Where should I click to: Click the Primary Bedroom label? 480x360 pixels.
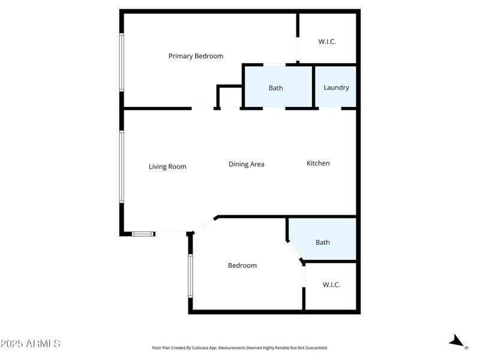tap(196, 56)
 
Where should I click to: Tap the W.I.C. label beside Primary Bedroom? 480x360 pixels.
tap(326, 41)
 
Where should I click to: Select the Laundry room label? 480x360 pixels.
tap(336, 87)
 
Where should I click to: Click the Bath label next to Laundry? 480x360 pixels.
tap(275, 88)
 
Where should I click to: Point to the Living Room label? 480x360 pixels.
tap(167, 166)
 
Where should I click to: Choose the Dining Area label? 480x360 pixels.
tap(246, 164)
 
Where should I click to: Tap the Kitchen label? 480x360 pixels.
tap(318, 163)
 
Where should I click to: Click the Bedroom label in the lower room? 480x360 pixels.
tap(242, 265)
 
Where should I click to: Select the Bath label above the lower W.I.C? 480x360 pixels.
tap(322, 242)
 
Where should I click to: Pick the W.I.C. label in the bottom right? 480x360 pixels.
tap(331, 284)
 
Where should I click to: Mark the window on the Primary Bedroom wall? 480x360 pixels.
tap(121, 62)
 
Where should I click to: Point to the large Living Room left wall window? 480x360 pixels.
tap(121, 167)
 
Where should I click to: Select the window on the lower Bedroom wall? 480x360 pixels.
tap(190, 275)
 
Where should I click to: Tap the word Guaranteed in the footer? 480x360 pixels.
tap(314, 347)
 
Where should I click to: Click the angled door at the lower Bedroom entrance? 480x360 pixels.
tap(205, 224)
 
